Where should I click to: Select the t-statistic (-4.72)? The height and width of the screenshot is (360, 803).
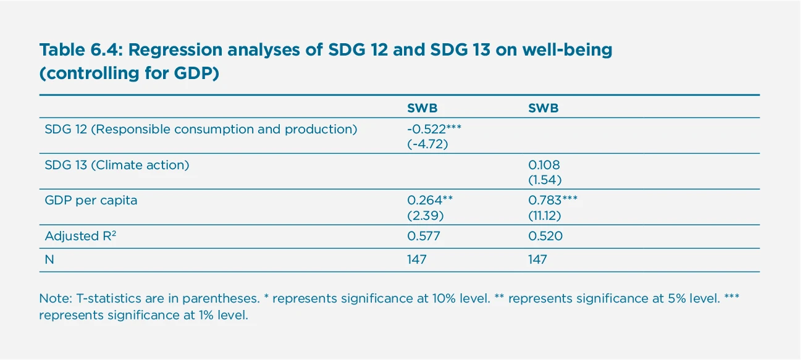point(427,144)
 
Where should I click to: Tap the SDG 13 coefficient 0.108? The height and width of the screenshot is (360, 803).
point(544,165)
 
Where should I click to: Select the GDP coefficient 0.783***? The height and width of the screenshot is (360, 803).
point(553,200)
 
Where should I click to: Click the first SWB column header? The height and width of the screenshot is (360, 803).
point(422,108)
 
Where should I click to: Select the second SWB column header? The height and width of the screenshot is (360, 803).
point(543,108)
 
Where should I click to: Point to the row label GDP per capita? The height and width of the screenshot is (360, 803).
point(91,201)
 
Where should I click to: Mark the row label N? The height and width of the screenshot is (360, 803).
point(49,260)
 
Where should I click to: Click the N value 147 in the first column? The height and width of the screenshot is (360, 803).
point(416,260)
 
